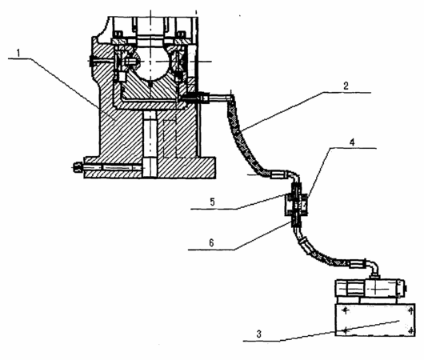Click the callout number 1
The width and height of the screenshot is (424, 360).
pyautogui.click(x=18, y=53)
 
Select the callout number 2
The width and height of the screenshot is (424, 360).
pyautogui.click(x=346, y=86)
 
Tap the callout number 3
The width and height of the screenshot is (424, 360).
pyautogui.click(x=258, y=334)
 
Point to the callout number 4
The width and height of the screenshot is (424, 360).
pyautogui.click(x=352, y=142)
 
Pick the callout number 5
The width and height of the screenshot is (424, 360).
pyautogui.click(x=212, y=202)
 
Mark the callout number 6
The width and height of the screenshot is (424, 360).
pyautogui.click(x=211, y=243)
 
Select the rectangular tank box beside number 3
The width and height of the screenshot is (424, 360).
pyautogui.click(x=374, y=320)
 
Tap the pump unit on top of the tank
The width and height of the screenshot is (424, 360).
pyautogui.click(x=370, y=290)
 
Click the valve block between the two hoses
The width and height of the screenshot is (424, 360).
pyautogui.click(x=296, y=205)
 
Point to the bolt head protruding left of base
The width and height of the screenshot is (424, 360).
pyautogui.click(x=78, y=167)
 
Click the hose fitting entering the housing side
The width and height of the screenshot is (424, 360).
pyautogui.click(x=195, y=98)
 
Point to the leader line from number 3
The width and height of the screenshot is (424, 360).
pyautogui.click(x=322, y=331)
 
